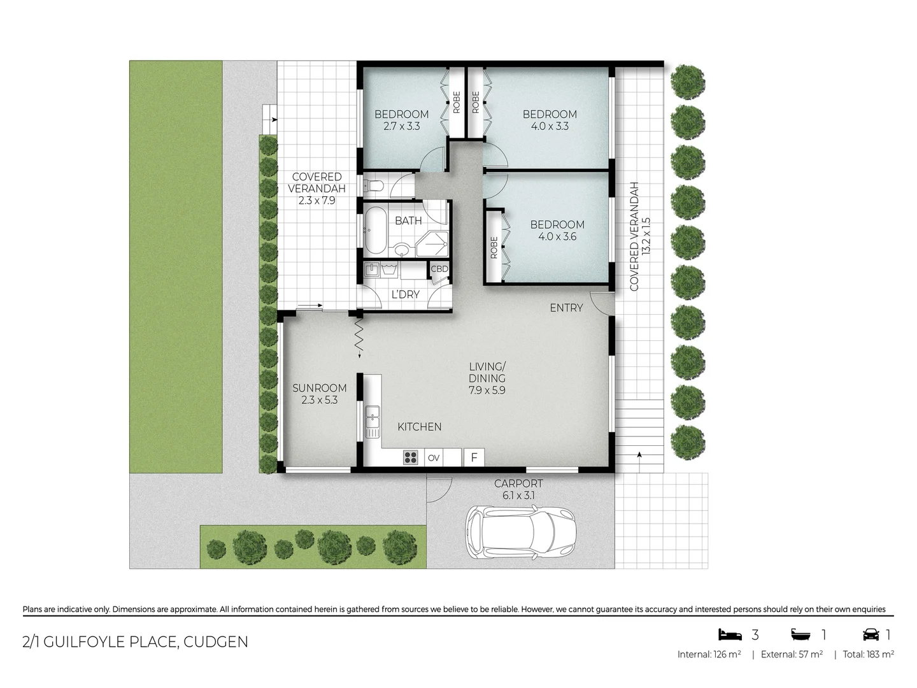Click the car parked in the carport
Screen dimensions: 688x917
point(522,532)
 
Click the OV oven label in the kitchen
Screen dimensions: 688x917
point(434,457)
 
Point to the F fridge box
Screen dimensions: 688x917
point(474,457)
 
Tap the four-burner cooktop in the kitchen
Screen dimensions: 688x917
point(411,457)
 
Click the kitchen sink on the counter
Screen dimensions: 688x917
point(372,420)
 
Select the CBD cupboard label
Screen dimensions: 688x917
point(439,269)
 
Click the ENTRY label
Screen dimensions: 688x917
point(566,308)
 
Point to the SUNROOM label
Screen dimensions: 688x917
point(320,388)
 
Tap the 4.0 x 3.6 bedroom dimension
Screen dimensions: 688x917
point(557,236)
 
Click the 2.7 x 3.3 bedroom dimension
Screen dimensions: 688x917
point(401,126)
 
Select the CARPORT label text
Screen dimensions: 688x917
point(518,484)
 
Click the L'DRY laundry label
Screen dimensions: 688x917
point(405,294)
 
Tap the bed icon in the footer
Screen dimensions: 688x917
point(730,634)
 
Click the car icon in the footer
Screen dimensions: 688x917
point(871,634)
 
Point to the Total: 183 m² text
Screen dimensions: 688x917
point(869,654)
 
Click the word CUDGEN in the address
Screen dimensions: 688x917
point(216,641)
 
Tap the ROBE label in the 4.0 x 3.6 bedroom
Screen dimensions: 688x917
point(494,247)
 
